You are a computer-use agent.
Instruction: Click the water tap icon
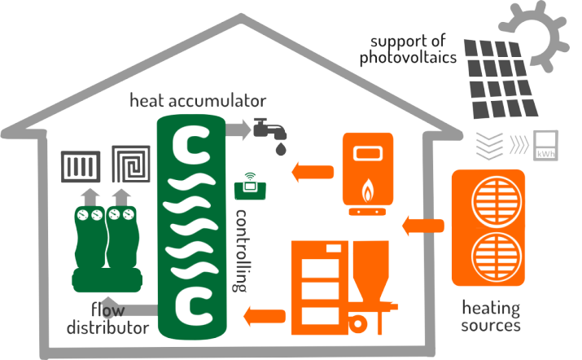tap(269, 129)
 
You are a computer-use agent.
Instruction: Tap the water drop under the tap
tap(281, 148)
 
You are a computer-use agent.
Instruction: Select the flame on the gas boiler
tap(367, 191)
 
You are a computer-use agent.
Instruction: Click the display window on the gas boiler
tap(367, 153)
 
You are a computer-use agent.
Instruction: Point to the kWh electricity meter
tap(545, 146)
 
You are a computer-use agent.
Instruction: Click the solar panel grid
tap(500, 79)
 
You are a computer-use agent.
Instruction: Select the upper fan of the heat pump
tap(497, 203)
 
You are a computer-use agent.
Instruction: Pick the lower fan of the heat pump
tap(497, 257)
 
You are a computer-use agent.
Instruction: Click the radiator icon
tap(81, 166)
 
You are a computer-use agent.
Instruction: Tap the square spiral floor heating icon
tap(131, 164)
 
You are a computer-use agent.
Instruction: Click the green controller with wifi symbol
tap(250, 187)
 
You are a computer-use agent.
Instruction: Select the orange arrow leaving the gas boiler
tap(313, 172)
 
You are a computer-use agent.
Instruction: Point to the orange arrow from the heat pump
tap(423, 226)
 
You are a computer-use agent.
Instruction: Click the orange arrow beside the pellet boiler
tap(265, 317)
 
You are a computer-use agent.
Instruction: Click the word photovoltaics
tap(408, 58)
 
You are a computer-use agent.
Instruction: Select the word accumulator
tap(217, 101)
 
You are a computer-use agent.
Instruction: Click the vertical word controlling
tap(240, 251)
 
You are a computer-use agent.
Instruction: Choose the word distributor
tap(107, 327)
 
